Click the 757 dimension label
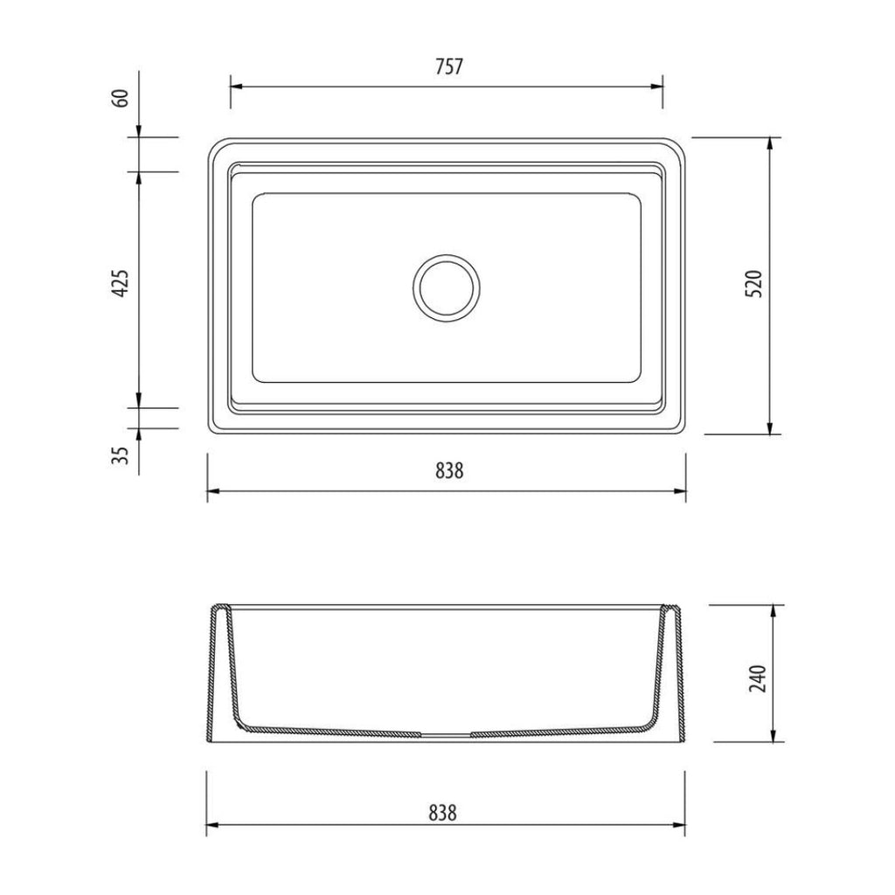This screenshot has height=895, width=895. click(446, 67)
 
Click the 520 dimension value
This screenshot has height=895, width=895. click(757, 284)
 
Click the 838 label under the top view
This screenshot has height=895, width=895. click(446, 472)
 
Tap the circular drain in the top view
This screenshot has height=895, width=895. click(446, 287)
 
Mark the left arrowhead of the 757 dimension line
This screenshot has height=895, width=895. click(235, 87)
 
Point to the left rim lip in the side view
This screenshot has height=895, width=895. click(222, 608)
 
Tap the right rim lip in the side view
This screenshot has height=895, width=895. click(671, 608)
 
